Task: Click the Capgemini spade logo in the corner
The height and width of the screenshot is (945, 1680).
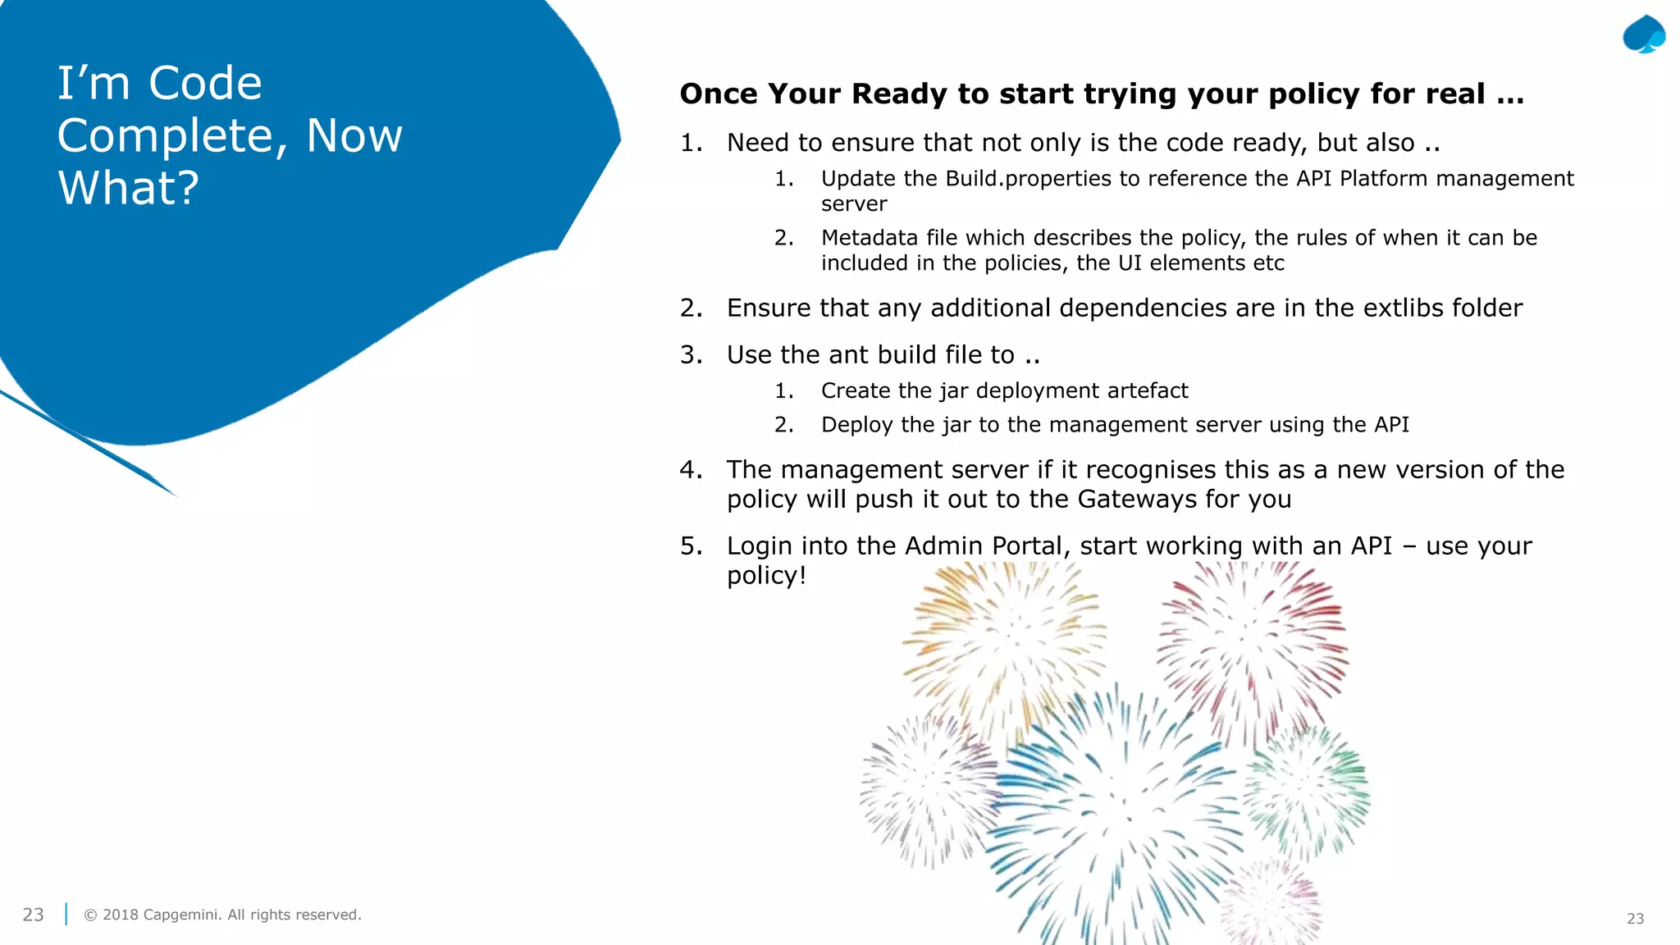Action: click(x=1644, y=35)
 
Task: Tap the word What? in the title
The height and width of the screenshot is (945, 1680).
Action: click(x=128, y=188)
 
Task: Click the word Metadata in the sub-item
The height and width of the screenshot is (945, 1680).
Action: click(x=870, y=238)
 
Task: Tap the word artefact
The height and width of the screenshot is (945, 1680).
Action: click(x=1147, y=391)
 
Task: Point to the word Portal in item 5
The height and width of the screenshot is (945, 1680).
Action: click(x=1027, y=546)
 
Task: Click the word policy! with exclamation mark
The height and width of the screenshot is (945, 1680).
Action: click(x=766, y=576)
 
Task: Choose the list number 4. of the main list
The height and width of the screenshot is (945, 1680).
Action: click(x=691, y=470)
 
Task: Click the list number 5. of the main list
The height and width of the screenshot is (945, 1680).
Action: click(x=691, y=546)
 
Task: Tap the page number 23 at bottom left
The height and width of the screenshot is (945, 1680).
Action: click(x=33, y=915)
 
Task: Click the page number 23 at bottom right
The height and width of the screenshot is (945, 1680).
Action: click(x=1635, y=919)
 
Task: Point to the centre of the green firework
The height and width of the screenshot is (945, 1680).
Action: click(x=1307, y=789)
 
